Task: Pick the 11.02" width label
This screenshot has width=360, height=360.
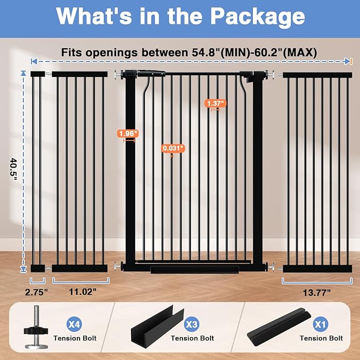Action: click(81, 291)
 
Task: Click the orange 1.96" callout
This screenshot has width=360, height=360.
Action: click(128, 134)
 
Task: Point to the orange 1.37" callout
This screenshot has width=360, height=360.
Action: click(216, 103)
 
